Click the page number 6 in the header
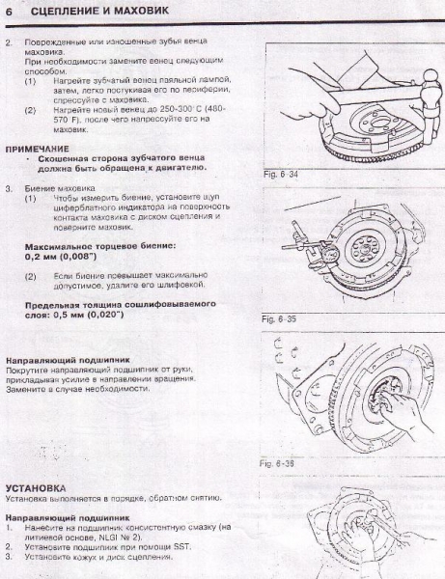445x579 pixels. point(9,11)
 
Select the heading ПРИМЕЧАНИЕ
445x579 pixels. point(38,149)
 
